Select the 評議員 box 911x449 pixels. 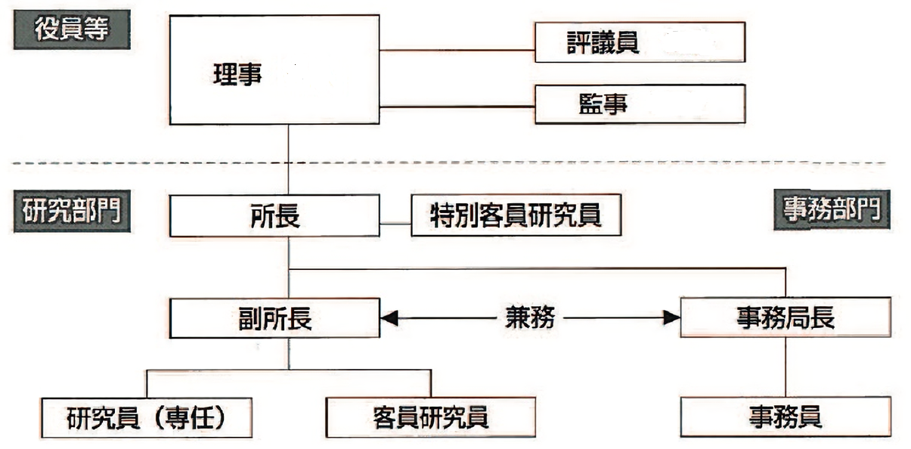tap(639, 42)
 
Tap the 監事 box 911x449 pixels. tap(639, 104)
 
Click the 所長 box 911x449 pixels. tap(274, 215)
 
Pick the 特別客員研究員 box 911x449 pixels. tap(516, 215)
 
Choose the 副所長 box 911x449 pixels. tap(274, 318)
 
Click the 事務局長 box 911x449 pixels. tap(785, 317)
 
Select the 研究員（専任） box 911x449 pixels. tap(146, 417)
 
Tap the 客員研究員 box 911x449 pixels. tap(430, 417)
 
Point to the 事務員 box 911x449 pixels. tap(785, 416)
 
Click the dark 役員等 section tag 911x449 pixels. tap(71, 31)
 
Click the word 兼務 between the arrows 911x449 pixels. tap(529, 318)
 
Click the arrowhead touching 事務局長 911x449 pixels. tap(671, 318)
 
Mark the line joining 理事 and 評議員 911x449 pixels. tap(457, 50)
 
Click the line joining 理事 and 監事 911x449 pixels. tap(457, 107)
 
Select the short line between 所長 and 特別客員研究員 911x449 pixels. tap(395, 223)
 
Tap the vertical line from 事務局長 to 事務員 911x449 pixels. tap(786, 367)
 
